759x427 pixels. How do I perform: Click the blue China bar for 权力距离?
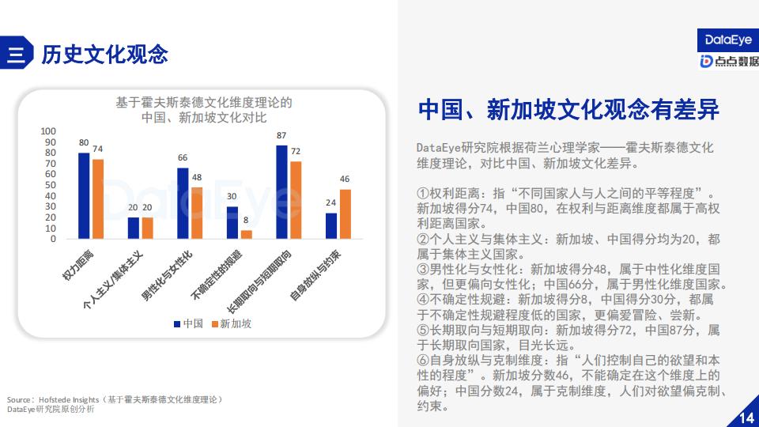(x=84, y=195)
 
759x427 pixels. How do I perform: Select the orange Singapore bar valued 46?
(x=346, y=214)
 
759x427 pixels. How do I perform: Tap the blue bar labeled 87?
(x=281, y=192)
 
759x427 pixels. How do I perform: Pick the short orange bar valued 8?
(x=247, y=234)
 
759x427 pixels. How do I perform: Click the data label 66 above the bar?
(x=183, y=158)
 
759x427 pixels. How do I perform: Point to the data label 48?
(x=197, y=178)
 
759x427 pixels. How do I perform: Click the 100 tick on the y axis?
(x=48, y=131)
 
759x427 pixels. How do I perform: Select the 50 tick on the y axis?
(x=51, y=185)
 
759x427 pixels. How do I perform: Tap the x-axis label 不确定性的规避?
(x=216, y=275)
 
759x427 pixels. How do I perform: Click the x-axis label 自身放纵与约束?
(x=315, y=275)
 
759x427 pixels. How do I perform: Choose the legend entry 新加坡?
(x=232, y=323)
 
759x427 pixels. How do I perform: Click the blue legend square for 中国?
(x=177, y=324)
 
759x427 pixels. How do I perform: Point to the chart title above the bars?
(x=204, y=110)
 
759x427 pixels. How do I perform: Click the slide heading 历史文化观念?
(x=104, y=54)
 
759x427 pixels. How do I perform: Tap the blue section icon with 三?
(x=17, y=53)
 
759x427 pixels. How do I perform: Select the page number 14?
(x=746, y=418)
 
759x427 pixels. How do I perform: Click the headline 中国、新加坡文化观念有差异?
(x=568, y=109)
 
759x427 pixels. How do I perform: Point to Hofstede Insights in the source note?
(x=69, y=400)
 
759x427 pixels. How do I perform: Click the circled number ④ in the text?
(x=422, y=300)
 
